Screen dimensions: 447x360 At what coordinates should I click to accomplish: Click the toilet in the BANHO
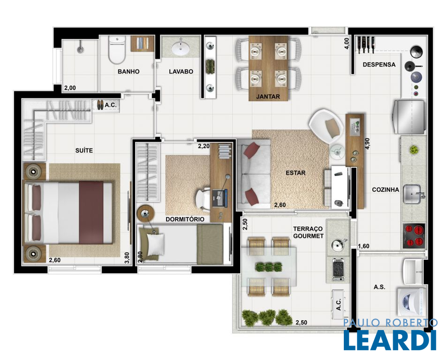(x=117, y=50)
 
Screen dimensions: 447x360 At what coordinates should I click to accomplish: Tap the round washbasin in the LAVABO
(x=181, y=48)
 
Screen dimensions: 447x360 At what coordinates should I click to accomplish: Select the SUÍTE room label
(x=84, y=150)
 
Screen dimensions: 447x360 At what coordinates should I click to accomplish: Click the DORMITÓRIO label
(x=185, y=219)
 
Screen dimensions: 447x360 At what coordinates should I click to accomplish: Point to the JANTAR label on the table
(x=268, y=97)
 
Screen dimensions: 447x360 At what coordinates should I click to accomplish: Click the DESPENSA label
(x=379, y=65)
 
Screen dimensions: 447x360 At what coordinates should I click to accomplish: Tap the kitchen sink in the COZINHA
(x=412, y=194)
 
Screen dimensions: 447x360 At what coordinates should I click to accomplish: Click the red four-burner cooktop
(x=414, y=235)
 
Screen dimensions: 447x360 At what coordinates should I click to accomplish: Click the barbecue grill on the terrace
(x=339, y=269)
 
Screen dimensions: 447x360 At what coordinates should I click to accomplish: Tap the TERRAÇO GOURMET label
(x=308, y=232)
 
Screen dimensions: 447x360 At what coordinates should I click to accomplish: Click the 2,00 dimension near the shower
(x=70, y=88)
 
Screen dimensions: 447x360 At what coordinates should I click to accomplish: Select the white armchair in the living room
(x=327, y=126)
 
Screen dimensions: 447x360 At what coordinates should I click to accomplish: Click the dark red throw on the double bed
(x=91, y=212)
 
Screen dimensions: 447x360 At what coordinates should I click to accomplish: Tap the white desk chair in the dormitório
(x=203, y=198)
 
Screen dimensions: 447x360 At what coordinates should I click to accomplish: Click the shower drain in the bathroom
(x=81, y=50)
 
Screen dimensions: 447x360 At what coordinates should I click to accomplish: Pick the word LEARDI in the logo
(x=390, y=340)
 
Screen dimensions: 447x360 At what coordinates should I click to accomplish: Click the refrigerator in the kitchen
(x=409, y=117)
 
